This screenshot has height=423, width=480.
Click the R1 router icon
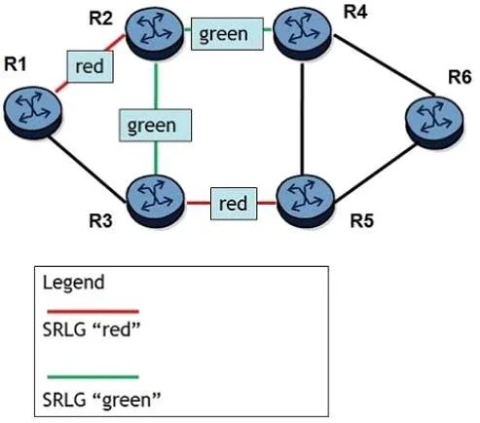(x=32, y=112)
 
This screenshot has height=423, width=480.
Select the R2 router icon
(x=155, y=33)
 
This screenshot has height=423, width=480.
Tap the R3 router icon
(x=155, y=202)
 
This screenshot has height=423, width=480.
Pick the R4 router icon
(x=302, y=34)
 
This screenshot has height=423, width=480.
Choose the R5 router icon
(x=305, y=202)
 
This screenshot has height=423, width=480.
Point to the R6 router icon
(x=434, y=123)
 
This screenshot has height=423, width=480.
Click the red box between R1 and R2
(x=90, y=66)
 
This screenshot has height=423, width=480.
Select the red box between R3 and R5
(x=234, y=204)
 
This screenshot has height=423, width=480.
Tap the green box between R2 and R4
(x=227, y=34)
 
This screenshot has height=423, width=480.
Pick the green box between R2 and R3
(x=156, y=126)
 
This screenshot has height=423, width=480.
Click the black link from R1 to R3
(x=87, y=170)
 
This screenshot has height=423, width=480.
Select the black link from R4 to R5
(x=302, y=119)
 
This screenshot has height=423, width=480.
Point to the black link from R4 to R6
(x=385, y=65)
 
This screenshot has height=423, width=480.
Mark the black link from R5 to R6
(x=375, y=173)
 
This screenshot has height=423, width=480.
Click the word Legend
(x=74, y=283)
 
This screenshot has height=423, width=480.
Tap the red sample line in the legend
(x=93, y=312)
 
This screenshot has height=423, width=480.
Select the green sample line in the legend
(x=93, y=377)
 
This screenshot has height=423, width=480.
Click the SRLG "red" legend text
(x=92, y=329)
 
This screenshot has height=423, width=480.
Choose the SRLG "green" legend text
(x=101, y=400)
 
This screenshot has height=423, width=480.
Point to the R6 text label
(x=460, y=78)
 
